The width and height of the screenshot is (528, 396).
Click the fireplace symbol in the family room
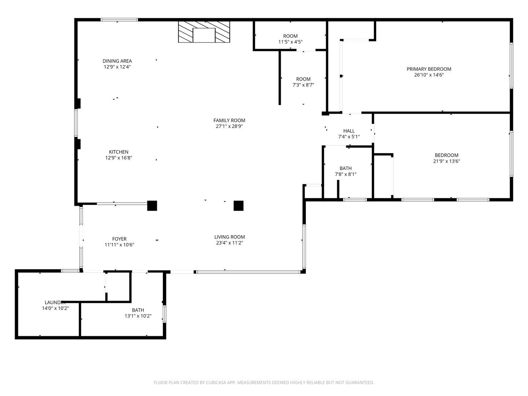204,32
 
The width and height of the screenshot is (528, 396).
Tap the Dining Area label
117,61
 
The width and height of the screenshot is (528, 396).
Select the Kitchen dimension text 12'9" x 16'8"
118,158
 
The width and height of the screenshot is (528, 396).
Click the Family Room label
229,120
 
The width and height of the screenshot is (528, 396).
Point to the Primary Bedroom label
429,69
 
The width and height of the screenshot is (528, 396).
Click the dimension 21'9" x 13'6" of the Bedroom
447,161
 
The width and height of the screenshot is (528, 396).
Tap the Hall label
349,131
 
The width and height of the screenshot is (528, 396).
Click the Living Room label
230,237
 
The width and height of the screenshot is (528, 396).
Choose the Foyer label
119,239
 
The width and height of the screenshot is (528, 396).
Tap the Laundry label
55,302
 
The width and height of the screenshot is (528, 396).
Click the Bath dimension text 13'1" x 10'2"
138,316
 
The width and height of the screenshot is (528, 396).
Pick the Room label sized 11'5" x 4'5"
290,36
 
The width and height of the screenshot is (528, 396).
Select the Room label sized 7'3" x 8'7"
303,79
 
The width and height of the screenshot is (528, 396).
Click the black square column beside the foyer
152,206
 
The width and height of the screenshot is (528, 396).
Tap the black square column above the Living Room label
238,206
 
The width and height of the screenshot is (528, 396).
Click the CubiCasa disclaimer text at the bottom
264,382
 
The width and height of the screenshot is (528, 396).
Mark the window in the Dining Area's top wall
119,20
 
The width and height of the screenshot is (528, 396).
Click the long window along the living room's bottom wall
248,272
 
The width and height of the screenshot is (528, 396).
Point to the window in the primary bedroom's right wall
511,66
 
